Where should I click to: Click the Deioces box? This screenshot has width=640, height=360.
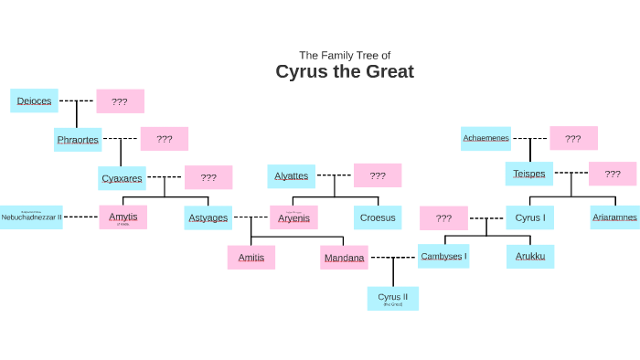(35, 101)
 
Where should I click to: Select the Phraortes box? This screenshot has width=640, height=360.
(78, 140)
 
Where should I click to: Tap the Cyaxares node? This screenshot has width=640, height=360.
(122, 178)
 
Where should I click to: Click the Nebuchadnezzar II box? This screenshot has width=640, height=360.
(31, 217)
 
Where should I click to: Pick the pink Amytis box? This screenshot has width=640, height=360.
(123, 217)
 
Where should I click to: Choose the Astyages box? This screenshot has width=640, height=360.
(208, 217)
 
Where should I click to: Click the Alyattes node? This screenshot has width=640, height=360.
(292, 175)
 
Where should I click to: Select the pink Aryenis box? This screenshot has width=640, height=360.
(293, 217)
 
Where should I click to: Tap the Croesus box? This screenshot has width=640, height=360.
(378, 217)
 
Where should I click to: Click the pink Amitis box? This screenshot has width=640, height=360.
(251, 258)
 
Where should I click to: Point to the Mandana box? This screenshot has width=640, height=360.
(344, 258)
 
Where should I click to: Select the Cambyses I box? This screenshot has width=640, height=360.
(443, 256)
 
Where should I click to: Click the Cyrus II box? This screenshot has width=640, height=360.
(393, 298)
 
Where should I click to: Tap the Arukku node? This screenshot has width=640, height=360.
(530, 256)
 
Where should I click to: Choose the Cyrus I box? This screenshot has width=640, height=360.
(529, 217)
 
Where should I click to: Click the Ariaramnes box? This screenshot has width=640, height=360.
(614, 217)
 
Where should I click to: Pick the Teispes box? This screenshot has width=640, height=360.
(529, 174)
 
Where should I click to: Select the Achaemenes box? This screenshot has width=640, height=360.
(485, 138)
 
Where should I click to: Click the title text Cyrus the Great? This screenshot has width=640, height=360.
(345, 71)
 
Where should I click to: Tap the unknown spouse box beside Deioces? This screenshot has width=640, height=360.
(120, 101)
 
